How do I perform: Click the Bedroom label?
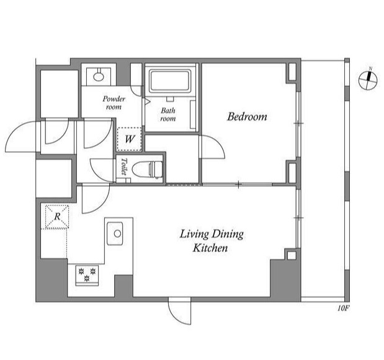coord(247,117)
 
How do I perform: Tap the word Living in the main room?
coord(194,234)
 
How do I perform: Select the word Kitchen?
coord(210,248)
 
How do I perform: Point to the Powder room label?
coord(114,102)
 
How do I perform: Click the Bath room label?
coord(168,114)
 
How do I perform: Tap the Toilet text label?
coord(124,166)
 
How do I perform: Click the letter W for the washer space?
coord(129,139)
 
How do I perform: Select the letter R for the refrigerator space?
coord(57,217)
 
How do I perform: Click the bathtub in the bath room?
coord(170,81)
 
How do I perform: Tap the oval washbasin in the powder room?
coord(99,77)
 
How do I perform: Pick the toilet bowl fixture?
coord(147,169)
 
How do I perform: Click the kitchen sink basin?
coord(115,233)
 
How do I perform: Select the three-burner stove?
coord(87,275)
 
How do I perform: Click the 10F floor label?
coord(343,308)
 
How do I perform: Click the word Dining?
coord(228,234)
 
